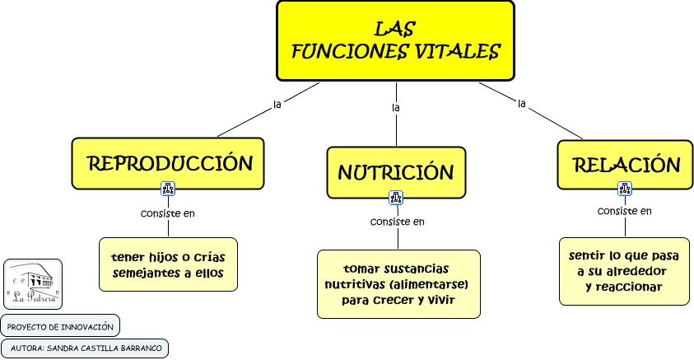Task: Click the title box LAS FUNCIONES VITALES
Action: point(395,40)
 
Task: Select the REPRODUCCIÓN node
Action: point(168,163)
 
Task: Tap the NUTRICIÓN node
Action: point(396,172)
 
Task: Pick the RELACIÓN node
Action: point(626,165)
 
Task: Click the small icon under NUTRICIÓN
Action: point(396,198)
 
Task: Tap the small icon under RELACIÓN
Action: point(624,189)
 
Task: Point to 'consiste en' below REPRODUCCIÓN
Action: point(168,213)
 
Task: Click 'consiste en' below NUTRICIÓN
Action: point(398,221)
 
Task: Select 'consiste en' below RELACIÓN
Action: point(625,211)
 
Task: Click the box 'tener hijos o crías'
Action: point(168,264)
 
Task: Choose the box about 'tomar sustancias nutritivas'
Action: point(398,284)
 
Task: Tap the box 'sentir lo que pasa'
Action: point(623,271)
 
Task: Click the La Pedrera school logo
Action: point(33,284)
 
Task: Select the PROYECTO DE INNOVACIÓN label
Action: point(60,326)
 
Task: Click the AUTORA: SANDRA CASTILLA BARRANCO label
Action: point(86,348)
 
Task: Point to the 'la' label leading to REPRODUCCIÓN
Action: point(277,104)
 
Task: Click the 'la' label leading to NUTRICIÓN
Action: point(396,108)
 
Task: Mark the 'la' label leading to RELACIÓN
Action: point(521,103)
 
